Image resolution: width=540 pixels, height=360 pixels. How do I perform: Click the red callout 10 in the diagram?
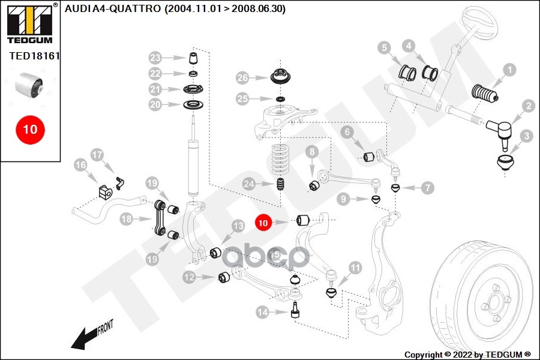click(x=263, y=223)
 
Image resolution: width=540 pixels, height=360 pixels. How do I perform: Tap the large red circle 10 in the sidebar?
click(x=30, y=130)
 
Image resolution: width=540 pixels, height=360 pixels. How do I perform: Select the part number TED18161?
click(x=34, y=56)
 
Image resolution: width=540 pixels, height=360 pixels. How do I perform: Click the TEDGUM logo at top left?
click(x=31, y=23)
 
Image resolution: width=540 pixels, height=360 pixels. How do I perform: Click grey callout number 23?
click(x=155, y=58)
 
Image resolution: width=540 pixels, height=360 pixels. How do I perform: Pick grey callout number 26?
click(x=243, y=78)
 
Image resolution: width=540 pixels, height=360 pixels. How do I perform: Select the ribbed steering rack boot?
click(x=485, y=94)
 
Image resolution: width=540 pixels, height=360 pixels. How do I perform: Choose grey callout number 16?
click(x=80, y=165)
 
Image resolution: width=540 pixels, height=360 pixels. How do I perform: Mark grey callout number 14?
click(x=263, y=312)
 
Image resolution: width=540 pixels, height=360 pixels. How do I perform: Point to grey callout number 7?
click(x=427, y=188)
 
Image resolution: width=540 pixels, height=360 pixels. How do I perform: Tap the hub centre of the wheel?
click(x=494, y=301)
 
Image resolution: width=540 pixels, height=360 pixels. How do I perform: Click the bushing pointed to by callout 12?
click(x=224, y=277)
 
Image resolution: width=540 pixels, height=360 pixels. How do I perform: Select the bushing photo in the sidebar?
click(x=29, y=85)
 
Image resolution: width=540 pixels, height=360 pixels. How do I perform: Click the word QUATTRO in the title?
click(x=134, y=8)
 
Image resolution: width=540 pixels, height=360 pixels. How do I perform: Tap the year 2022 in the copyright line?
click(x=463, y=355)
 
